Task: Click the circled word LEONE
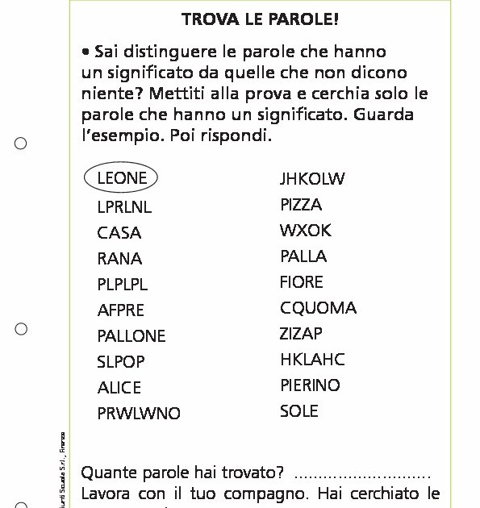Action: (x=121, y=178)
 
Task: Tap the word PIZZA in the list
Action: (x=301, y=205)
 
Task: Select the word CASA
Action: (x=119, y=233)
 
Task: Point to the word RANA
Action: (x=119, y=259)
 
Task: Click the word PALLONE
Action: (x=131, y=336)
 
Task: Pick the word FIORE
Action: (x=302, y=282)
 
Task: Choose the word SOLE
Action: (x=299, y=411)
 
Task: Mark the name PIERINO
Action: (x=311, y=385)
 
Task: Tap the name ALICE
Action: (x=119, y=388)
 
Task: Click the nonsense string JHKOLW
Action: (x=312, y=179)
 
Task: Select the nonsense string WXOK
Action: (x=306, y=231)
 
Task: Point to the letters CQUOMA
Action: (x=318, y=308)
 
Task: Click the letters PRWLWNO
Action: (x=139, y=414)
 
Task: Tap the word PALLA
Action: (x=303, y=256)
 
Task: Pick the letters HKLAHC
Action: (x=312, y=360)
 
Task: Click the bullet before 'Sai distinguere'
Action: (x=86, y=51)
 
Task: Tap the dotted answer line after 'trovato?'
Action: (x=363, y=474)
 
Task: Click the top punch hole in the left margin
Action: (x=21, y=144)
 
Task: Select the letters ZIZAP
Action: (x=301, y=334)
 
